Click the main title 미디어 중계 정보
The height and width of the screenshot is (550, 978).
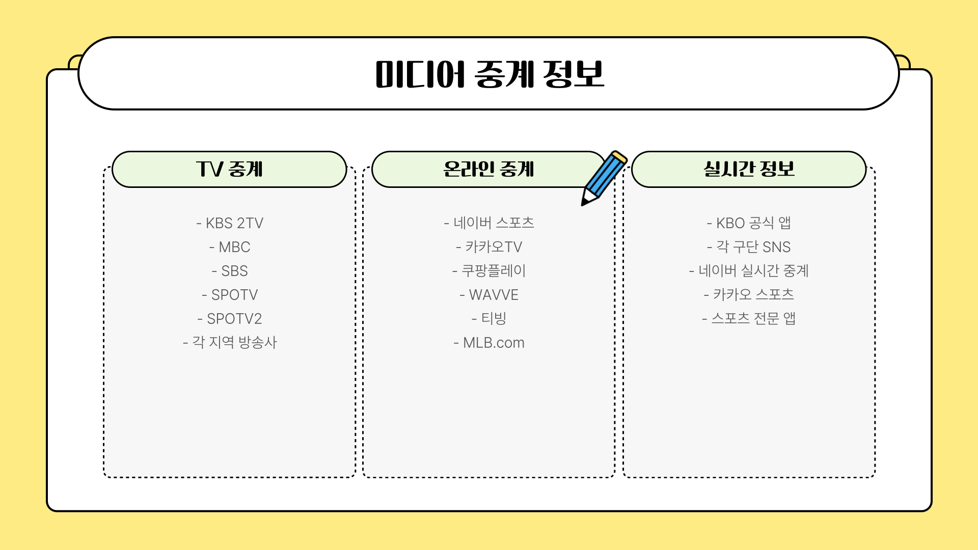click(x=489, y=74)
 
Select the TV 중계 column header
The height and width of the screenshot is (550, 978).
click(x=229, y=169)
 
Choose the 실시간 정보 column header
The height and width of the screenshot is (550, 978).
click(x=749, y=169)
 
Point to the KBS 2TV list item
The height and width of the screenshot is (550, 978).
click(x=230, y=223)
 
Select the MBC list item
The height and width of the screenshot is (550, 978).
click(x=230, y=247)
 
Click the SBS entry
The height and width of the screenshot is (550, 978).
click(x=230, y=271)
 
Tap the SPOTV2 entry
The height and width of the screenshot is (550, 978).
click(x=230, y=319)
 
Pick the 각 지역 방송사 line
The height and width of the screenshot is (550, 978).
click(x=230, y=342)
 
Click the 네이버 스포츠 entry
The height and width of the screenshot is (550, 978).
click(x=489, y=223)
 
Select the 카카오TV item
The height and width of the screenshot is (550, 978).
click(x=489, y=247)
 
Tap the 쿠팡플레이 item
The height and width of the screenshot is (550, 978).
click(x=489, y=271)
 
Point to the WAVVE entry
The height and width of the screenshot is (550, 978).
click(x=489, y=295)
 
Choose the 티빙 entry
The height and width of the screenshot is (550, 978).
click(x=489, y=319)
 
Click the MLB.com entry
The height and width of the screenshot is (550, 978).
click(x=489, y=343)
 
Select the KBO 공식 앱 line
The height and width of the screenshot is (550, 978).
click(x=749, y=223)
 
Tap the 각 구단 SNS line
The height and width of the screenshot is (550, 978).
click(x=749, y=247)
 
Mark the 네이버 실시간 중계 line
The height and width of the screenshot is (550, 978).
click(x=749, y=271)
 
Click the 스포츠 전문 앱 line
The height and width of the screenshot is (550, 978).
click(x=749, y=319)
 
